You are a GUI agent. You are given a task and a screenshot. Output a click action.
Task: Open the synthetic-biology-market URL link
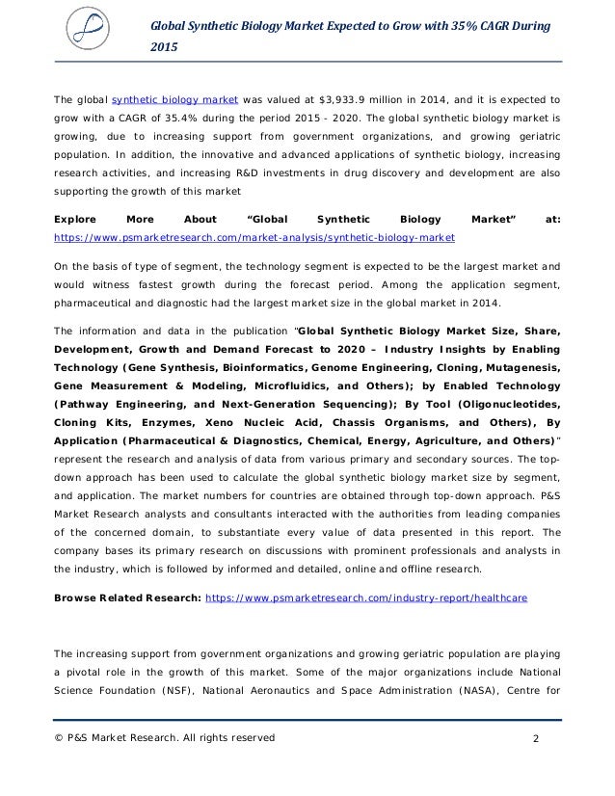coord(254,236)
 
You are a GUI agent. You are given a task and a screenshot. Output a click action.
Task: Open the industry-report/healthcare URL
coord(366,597)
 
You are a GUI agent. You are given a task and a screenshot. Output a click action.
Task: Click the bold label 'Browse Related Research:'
coord(127,597)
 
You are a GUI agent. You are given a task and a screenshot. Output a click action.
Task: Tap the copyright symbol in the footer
coord(60,738)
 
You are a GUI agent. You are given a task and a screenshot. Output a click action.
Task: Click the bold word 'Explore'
coord(75,219)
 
